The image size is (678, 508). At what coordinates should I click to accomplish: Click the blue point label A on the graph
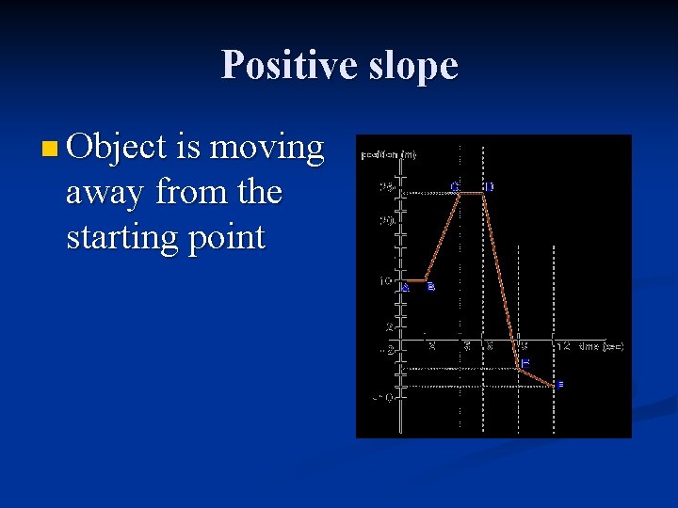406,288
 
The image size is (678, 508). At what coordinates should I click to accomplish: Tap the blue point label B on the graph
431,287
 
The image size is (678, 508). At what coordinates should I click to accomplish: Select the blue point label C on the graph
455,186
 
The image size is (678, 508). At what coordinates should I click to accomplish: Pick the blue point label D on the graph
489,186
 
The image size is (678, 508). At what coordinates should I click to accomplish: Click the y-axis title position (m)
389,154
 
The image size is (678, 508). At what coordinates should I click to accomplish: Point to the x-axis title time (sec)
601,346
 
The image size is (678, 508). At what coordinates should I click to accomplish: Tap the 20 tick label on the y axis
387,221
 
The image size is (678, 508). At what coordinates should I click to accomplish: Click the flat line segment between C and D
471,193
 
